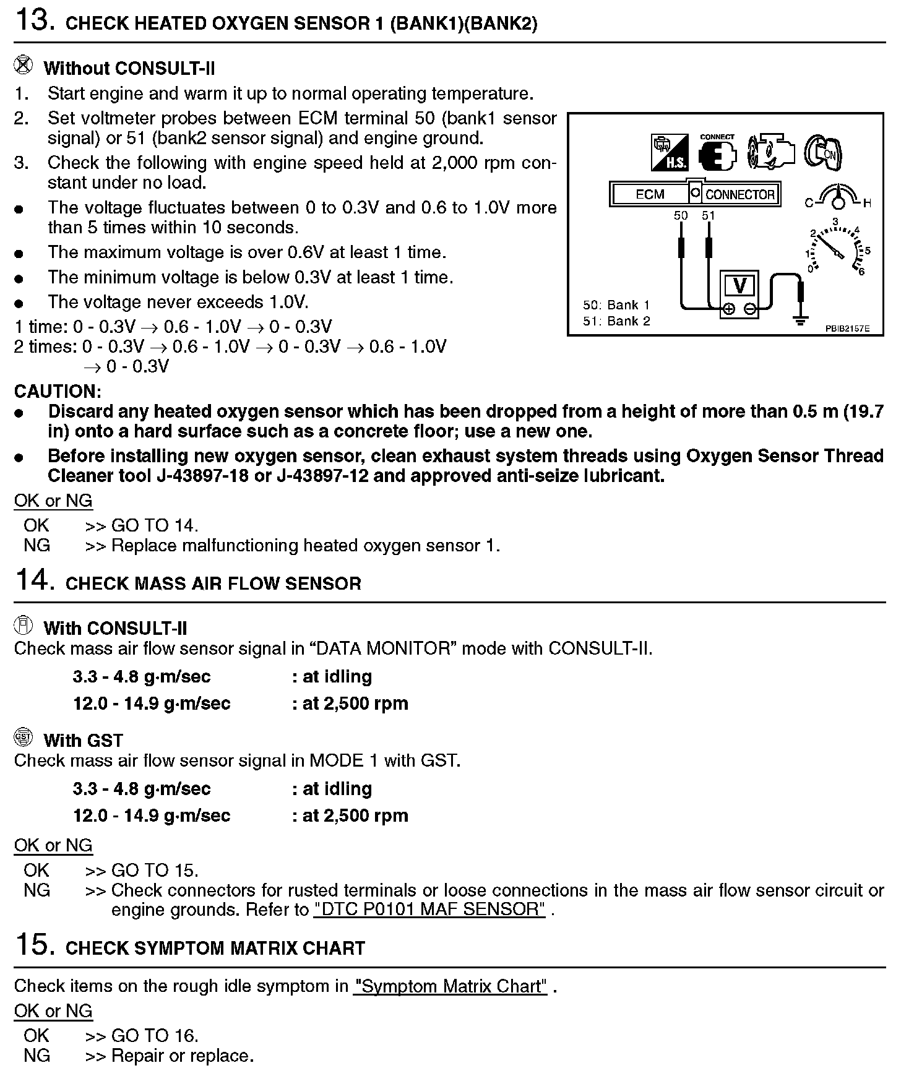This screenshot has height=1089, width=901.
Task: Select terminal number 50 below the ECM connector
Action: click(x=681, y=216)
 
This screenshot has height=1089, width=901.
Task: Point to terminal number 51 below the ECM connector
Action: click(x=709, y=216)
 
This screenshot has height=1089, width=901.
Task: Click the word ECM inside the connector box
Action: click(x=650, y=194)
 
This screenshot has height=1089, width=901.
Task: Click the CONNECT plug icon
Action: click(x=718, y=153)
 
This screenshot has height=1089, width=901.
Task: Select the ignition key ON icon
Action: click(x=823, y=152)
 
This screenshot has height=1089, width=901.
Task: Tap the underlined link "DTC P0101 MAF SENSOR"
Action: click(x=430, y=910)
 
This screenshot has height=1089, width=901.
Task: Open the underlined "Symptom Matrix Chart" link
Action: click(x=450, y=986)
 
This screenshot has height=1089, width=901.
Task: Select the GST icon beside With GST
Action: click(x=24, y=737)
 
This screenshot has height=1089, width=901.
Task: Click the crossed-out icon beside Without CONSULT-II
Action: click(x=24, y=65)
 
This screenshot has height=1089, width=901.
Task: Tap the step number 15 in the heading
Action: click(x=30, y=945)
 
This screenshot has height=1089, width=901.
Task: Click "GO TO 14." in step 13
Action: click(x=155, y=525)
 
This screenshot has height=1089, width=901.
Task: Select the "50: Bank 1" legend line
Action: click(x=616, y=305)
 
